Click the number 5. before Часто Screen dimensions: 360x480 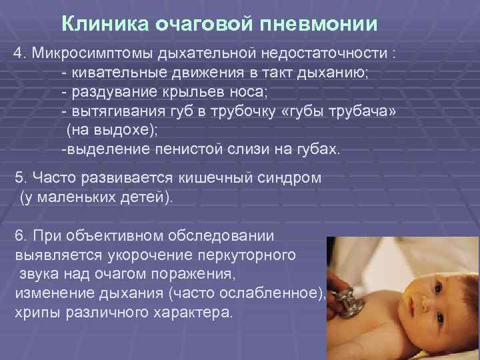(21, 179)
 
